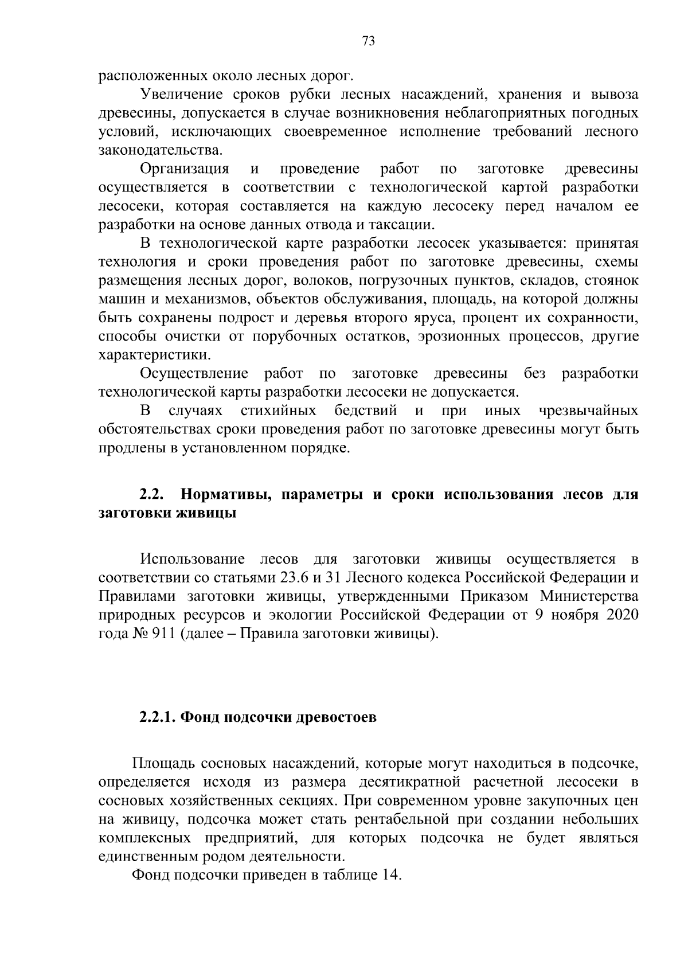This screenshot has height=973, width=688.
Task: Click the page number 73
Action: (x=369, y=41)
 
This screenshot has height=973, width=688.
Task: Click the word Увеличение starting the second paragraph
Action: (x=180, y=94)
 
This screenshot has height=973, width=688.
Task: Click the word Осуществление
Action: (x=194, y=374)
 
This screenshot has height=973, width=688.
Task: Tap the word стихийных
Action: (x=279, y=411)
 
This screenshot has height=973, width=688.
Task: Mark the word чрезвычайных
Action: (x=588, y=411)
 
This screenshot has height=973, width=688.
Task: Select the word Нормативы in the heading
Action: (x=226, y=494)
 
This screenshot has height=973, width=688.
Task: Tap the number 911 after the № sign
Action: (x=165, y=634)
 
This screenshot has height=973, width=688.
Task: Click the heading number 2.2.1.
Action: (x=158, y=718)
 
